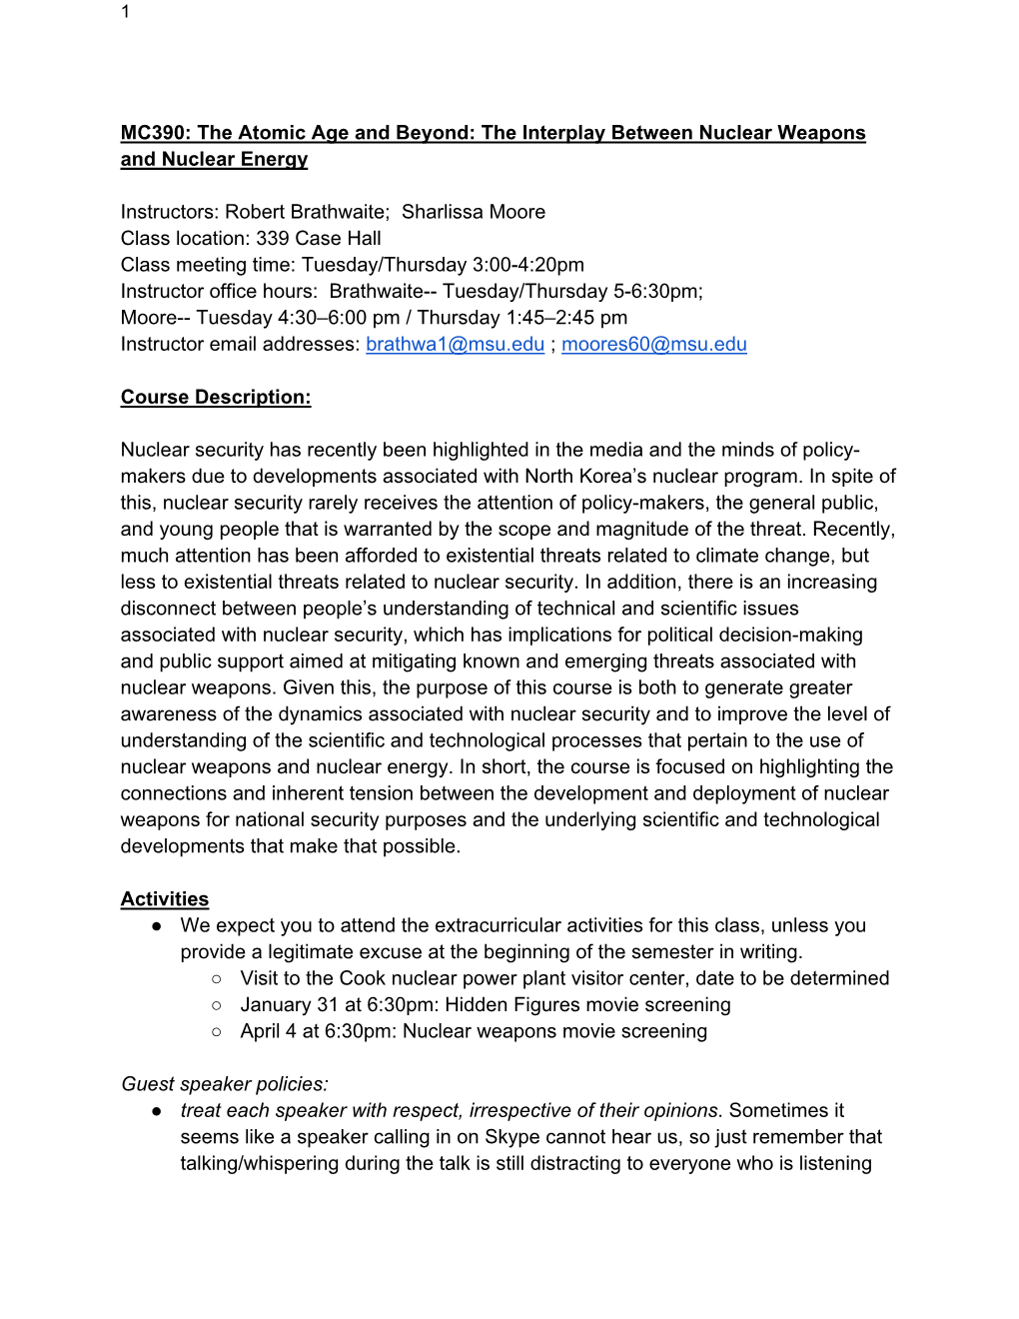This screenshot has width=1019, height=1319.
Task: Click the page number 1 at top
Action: click(125, 12)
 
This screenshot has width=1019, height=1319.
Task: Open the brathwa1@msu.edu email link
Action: click(455, 344)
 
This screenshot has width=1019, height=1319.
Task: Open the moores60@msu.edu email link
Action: click(653, 344)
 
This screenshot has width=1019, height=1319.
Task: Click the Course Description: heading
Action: click(216, 397)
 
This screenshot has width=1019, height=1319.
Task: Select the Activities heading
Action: click(165, 898)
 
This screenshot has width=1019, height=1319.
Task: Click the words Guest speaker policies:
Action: click(225, 1084)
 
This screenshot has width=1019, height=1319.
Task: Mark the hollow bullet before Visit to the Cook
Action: click(216, 979)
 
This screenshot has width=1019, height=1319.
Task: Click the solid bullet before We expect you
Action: click(157, 926)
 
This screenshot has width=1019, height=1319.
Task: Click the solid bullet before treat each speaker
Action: click(157, 1111)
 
